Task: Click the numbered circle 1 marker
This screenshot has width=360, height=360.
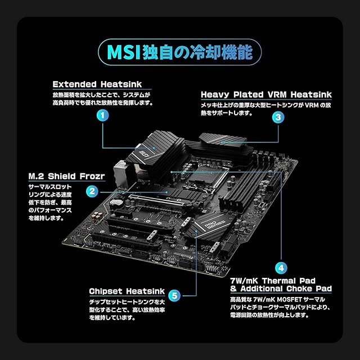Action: point(102,116)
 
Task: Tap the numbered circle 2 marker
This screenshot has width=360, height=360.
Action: point(91,191)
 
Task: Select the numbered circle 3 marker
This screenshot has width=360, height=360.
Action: point(277,117)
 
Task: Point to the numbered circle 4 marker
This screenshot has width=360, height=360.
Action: point(281,268)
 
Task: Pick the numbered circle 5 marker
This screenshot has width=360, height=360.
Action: point(175,295)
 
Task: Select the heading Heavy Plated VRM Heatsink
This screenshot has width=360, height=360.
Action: point(266,94)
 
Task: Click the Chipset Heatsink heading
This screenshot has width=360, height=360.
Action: point(127,291)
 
